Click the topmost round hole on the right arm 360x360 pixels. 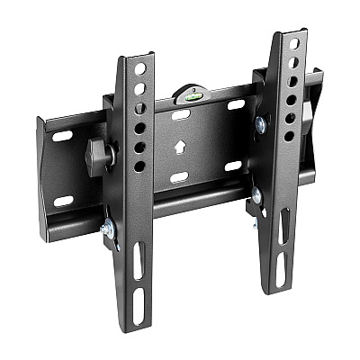(291, 45)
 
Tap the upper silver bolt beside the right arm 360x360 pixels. (260, 122)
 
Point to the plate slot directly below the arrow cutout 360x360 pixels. (179, 177)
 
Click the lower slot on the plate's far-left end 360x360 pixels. (63, 200)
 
